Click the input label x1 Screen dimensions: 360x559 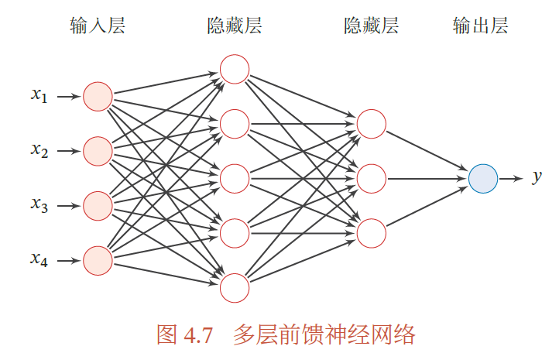39,96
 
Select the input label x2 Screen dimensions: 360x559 39,150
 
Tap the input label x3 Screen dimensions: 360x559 39,205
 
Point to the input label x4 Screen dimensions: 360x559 39,259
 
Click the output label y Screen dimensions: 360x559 537,178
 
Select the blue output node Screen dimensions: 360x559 482,178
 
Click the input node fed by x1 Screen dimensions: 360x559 98,97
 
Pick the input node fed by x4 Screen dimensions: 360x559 98,260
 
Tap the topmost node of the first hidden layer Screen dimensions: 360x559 234,69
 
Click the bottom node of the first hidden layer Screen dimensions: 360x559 234,288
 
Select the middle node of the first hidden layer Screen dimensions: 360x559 234,178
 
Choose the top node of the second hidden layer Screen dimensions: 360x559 371,124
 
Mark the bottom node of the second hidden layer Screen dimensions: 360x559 371,233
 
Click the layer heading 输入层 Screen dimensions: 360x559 98,27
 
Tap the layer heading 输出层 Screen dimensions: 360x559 481,27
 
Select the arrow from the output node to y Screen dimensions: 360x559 511,178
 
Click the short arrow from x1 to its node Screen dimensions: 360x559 68,97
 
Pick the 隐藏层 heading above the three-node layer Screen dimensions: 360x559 371,27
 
